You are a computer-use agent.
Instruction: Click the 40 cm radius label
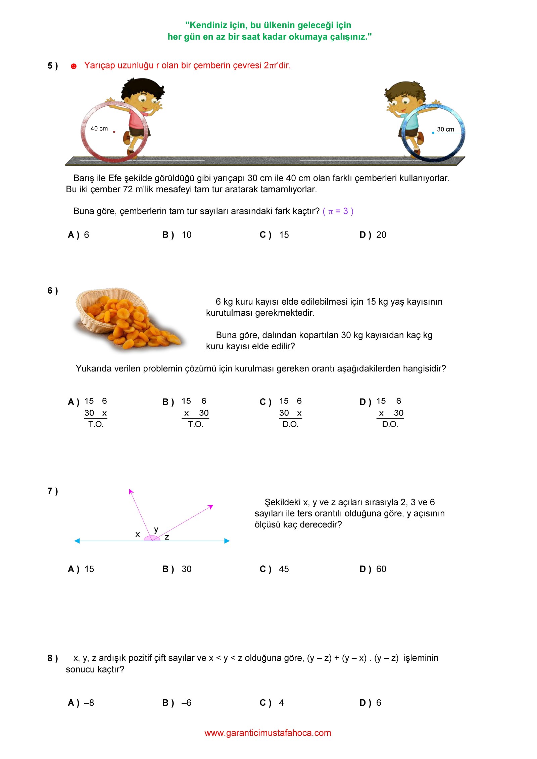point(99,129)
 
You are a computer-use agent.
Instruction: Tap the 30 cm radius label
point(445,130)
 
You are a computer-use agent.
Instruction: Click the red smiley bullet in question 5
point(74,66)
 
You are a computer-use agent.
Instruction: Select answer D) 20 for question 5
point(373,235)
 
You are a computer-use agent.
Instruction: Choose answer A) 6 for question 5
point(79,235)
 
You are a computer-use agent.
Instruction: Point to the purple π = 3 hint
point(338,211)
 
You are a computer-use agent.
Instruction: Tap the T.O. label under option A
point(96,424)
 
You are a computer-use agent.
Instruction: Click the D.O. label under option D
point(390,424)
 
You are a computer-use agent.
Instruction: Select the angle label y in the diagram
point(156,529)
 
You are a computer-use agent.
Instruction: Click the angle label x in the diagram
point(138,534)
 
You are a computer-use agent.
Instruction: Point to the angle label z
point(167,537)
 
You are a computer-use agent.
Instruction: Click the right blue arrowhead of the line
point(227,541)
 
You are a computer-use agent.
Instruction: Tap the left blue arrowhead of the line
point(77,541)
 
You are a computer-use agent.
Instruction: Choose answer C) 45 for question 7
point(274,569)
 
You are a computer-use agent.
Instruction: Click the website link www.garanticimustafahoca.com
point(268,733)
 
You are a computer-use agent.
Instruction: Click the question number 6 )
point(53,291)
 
